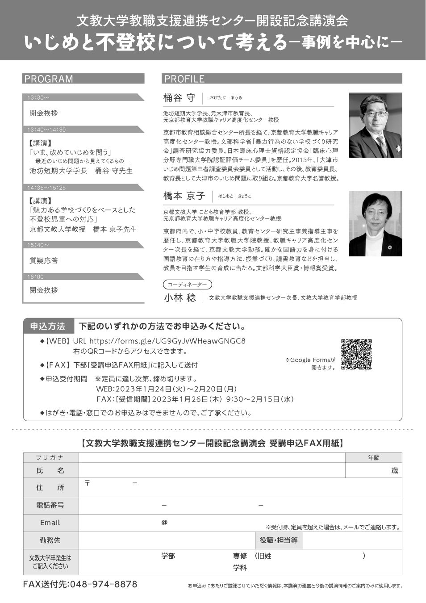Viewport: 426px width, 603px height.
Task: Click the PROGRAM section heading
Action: click(49, 79)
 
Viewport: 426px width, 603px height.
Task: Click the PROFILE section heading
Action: click(184, 79)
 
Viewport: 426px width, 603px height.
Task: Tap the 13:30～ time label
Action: click(38, 97)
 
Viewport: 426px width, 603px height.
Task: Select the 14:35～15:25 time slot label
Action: click(46, 188)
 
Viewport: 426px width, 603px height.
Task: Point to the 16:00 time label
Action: click(36, 277)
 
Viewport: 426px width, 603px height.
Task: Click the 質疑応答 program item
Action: click(44, 260)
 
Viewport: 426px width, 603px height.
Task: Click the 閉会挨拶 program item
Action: click(44, 290)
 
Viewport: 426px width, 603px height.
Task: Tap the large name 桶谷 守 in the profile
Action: click(180, 98)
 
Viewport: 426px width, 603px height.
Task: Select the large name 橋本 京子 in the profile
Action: click(184, 196)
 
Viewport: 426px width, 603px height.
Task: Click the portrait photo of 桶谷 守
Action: click(375, 125)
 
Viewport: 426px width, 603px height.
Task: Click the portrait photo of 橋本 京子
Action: click(375, 223)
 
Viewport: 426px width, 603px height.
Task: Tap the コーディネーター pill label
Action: click(187, 285)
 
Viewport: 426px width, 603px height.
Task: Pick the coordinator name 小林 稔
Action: click(180, 298)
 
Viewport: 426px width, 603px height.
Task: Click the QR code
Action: click(356, 355)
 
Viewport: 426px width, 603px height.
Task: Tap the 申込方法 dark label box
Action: click(48, 327)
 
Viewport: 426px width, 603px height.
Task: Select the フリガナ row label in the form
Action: click(50, 458)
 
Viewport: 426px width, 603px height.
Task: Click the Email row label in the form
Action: click(50, 523)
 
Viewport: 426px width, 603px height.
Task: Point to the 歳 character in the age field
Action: click(394, 470)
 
